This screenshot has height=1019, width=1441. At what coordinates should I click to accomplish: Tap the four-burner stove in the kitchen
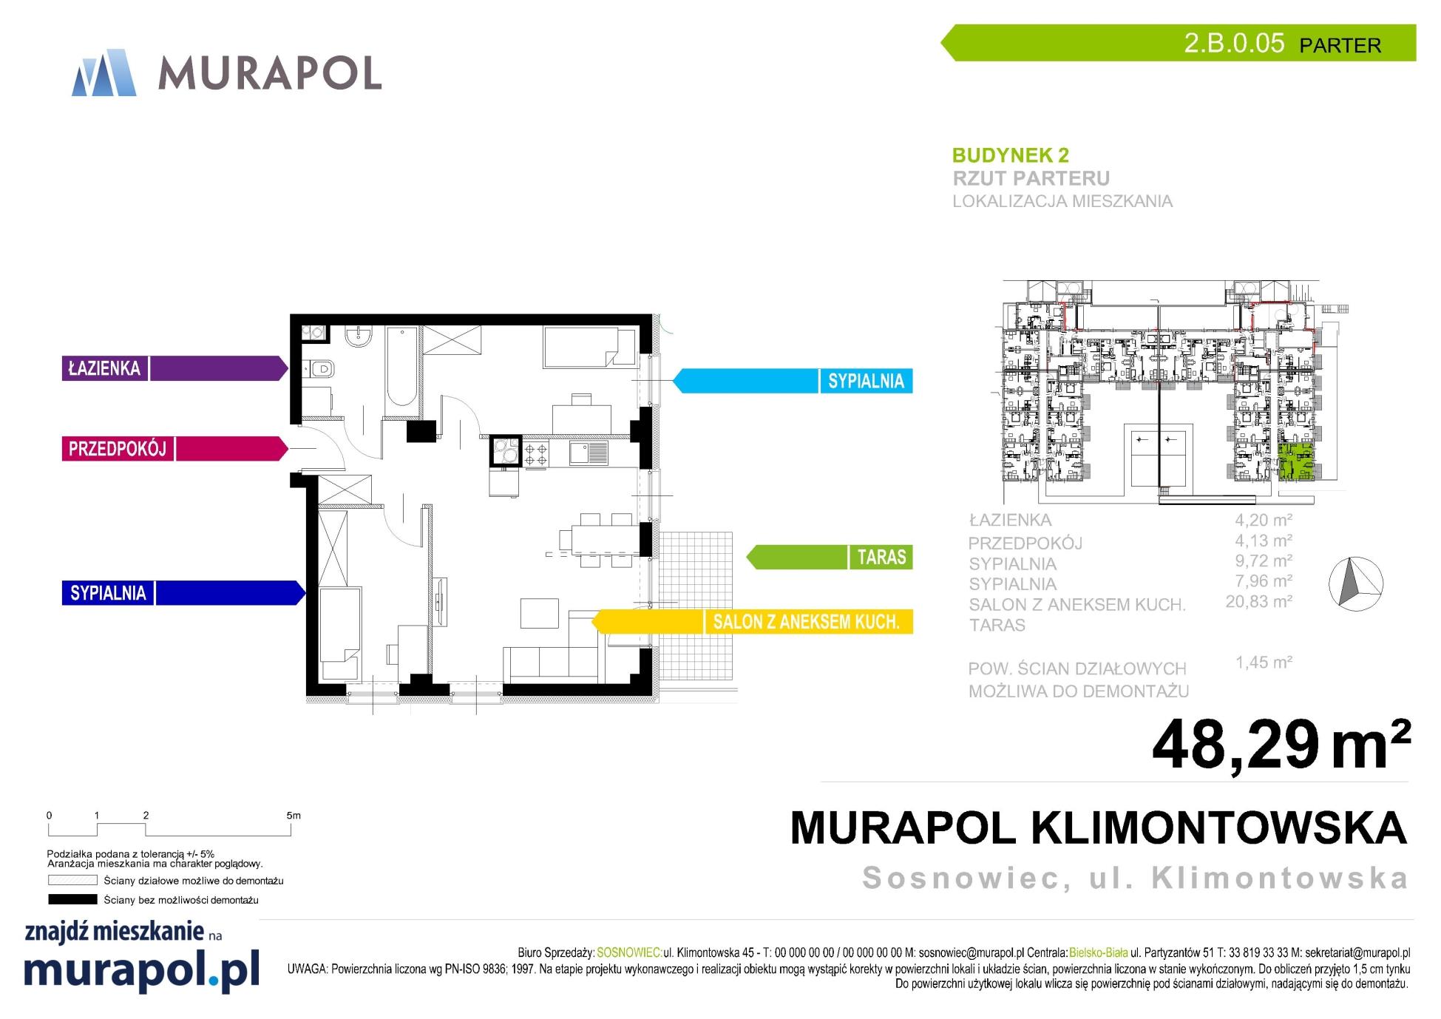click(535, 453)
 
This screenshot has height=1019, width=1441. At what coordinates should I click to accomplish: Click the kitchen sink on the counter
click(589, 453)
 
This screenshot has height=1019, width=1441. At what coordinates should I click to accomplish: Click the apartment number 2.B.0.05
click(1234, 43)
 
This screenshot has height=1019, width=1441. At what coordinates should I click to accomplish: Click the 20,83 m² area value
click(1259, 602)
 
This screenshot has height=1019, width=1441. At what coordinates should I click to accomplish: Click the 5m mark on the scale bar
click(293, 816)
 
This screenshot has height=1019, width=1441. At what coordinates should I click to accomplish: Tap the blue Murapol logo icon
click(104, 72)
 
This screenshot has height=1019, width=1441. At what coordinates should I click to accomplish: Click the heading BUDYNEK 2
click(1010, 155)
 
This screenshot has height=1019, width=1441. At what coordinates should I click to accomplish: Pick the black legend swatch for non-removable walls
click(72, 900)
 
